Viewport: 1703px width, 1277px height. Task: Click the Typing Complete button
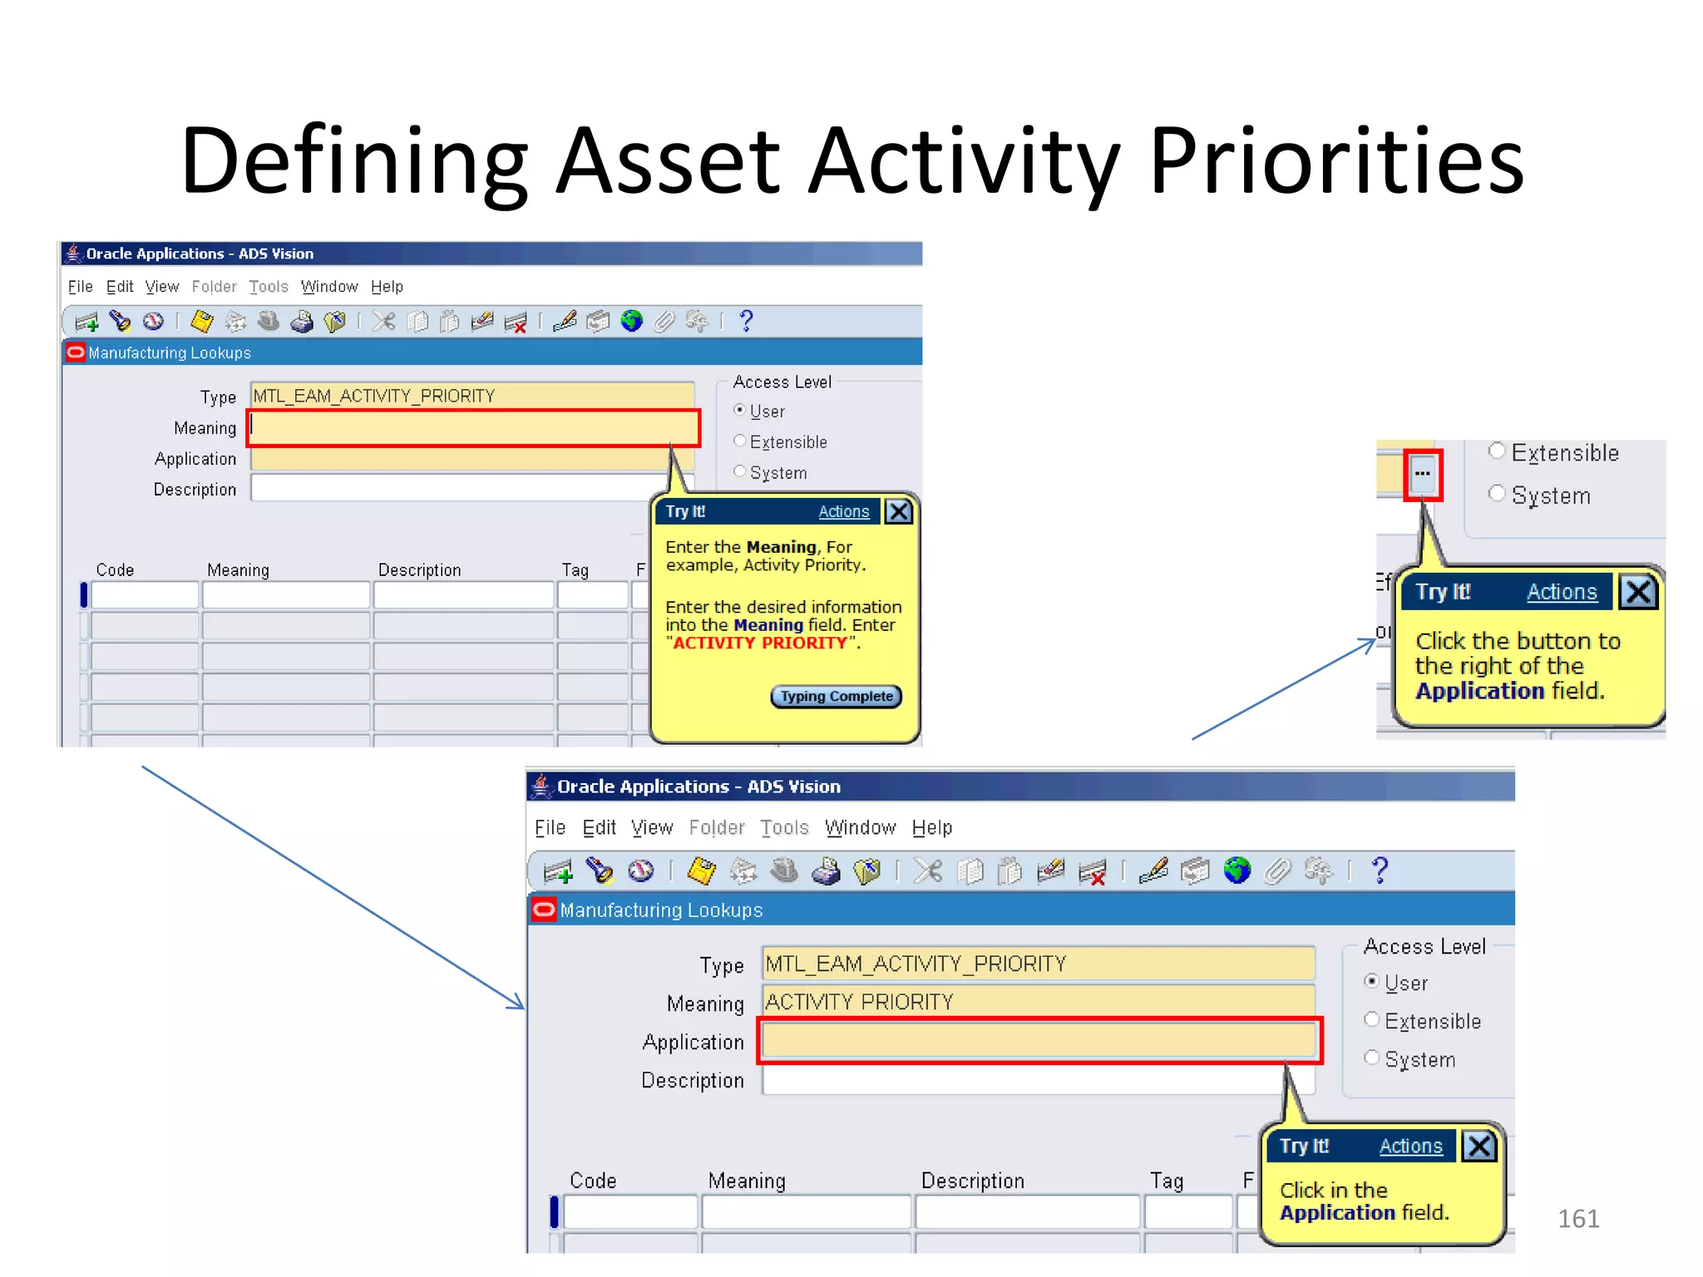(x=836, y=697)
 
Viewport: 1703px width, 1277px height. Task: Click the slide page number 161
(x=1577, y=1219)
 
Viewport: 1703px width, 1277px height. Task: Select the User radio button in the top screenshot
(x=739, y=410)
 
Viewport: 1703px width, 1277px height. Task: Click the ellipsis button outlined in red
(x=1422, y=475)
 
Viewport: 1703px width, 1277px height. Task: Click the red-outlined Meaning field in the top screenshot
(x=474, y=428)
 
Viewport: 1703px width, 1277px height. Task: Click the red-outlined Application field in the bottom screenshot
(x=1038, y=1040)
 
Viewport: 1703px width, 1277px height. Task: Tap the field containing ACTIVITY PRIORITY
(x=1038, y=1002)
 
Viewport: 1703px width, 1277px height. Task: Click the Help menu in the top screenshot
(x=387, y=287)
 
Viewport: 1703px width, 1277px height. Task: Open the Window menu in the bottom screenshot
(x=860, y=828)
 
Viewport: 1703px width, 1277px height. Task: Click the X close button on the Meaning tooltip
(x=898, y=511)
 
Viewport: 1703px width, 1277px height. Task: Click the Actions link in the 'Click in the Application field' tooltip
(x=1410, y=1146)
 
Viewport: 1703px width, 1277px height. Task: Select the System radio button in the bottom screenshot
(x=1372, y=1058)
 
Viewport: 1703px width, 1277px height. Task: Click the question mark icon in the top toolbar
(x=746, y=321)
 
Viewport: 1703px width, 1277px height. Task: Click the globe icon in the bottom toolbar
(x=1237, y=870)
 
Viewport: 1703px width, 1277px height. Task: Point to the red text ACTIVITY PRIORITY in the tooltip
(x=759, y=643)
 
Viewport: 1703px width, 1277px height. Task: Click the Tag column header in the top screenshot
(x=575, y=570)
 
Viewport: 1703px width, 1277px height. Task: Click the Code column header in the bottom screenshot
(x=593, y=1181)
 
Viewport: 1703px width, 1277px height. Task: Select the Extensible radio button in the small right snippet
(x=1497, y=451)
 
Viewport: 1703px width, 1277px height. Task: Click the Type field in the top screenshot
(x=472, y=396)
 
